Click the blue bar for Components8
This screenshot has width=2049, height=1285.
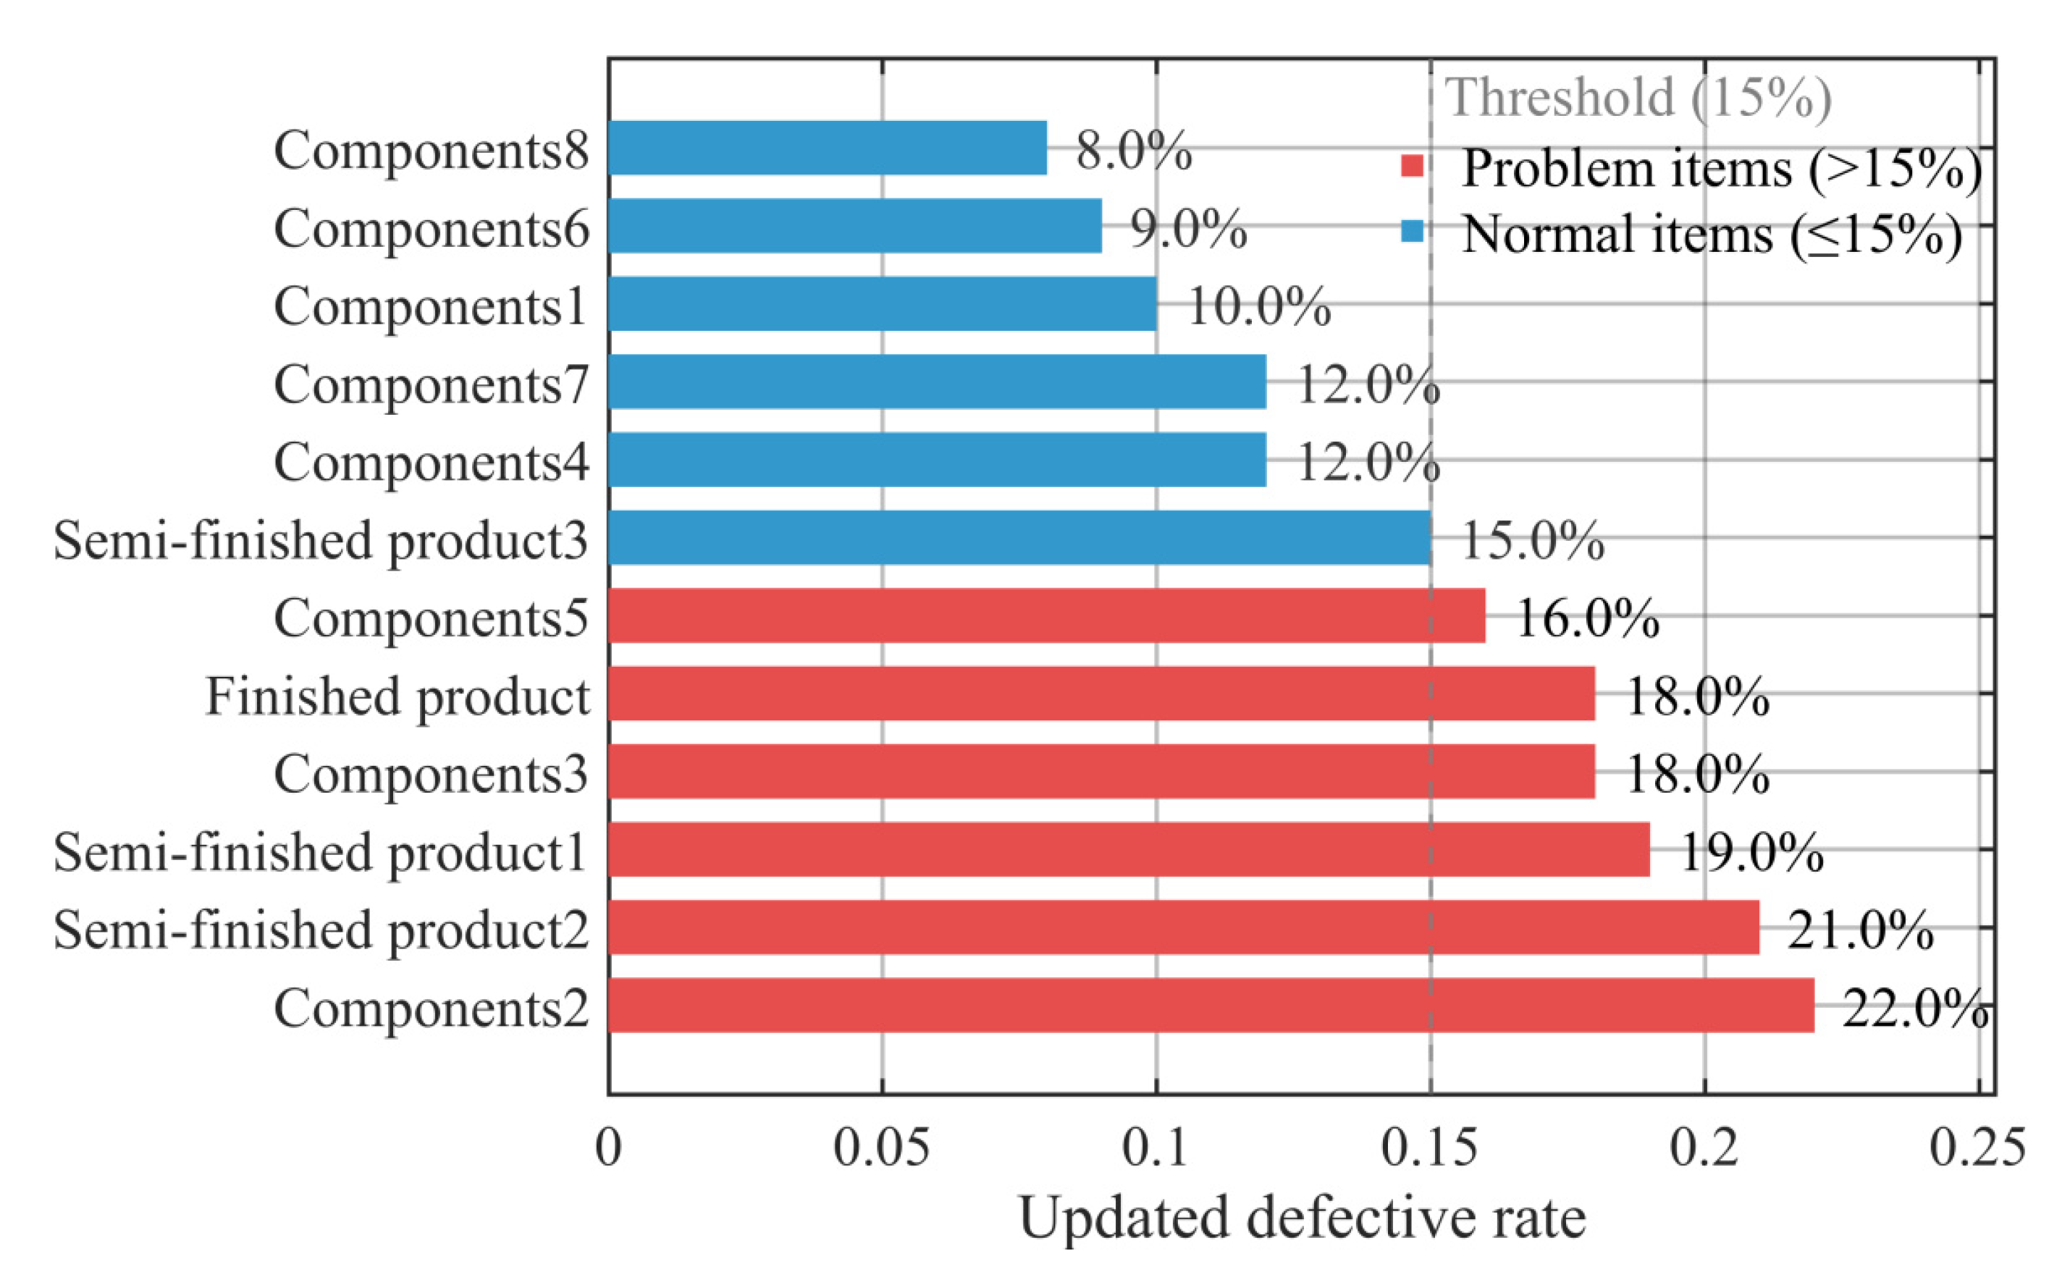(x=827, y=148)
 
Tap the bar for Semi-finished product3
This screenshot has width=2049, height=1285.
(x=1019, y=537)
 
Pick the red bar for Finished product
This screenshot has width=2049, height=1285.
(x=1101, y=694)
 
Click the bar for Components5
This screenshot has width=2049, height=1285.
(x=1046, y=615)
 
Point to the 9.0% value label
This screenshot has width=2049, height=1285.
(x=1187, y=228)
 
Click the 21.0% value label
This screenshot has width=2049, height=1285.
(x=1859, y=929)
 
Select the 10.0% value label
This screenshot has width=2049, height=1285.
(x=1258, y=306)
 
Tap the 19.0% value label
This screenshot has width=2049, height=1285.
(x=1751, y=851)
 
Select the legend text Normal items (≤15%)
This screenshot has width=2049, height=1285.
(x=1712, y=233)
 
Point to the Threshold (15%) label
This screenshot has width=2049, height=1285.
(x=1638, y=97)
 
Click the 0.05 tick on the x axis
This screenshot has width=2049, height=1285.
(x=880, y=1147)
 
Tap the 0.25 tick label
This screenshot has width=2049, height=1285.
(x=1977, y=1147)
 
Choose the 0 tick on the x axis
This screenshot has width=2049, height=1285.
(x=608, y=1147)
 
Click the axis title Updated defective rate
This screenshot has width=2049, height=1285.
(x=1302, y=1217)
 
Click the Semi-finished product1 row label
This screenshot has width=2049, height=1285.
(x=319, y=851)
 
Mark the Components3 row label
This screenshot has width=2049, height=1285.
(x=431, y=773)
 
